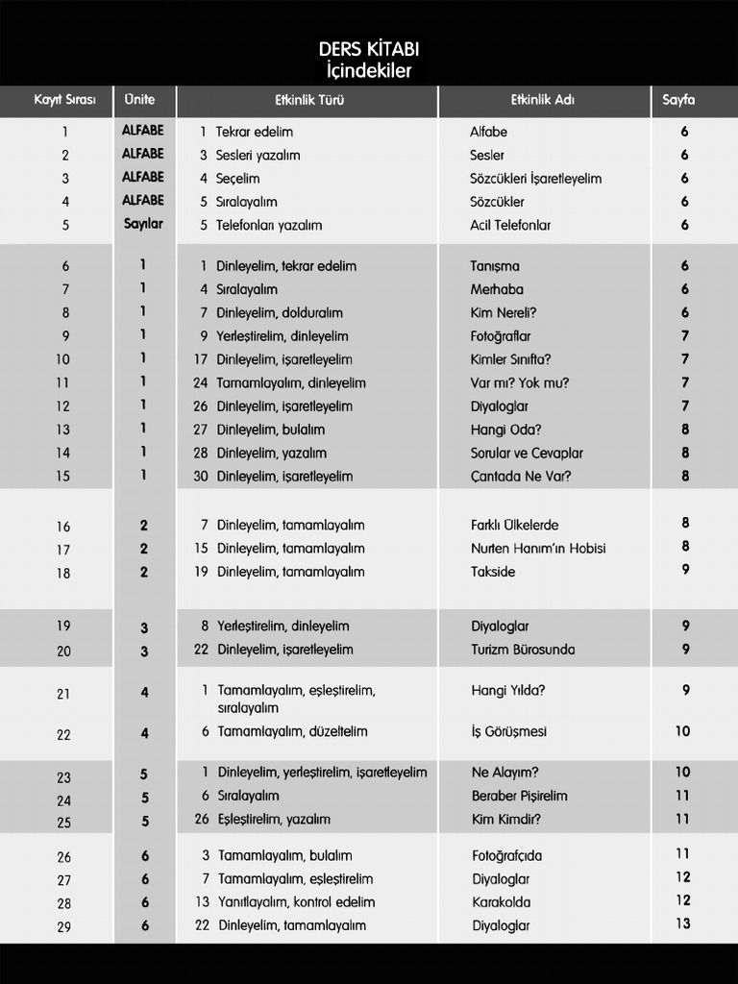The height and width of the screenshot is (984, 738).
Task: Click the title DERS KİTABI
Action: [369, 49]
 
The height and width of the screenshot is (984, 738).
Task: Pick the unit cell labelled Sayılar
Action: [143, 224]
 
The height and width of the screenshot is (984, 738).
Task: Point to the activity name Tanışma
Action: [494, 266]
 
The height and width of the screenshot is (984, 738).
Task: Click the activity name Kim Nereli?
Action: [503, 312]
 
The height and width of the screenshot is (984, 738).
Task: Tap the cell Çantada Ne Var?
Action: [520, 476]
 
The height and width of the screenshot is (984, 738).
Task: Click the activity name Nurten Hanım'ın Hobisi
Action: [537, 548]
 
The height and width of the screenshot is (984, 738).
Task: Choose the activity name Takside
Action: [493, 572]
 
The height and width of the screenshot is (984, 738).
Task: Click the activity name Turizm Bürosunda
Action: [522, 650]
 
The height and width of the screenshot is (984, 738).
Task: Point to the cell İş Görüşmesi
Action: [508, 731]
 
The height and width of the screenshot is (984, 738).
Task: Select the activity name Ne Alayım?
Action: [504, 772]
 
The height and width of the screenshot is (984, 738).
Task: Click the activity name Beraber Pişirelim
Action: [519, 796]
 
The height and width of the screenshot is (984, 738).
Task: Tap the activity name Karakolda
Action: [501, 902]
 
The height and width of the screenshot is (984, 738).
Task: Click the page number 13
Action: [682, 924]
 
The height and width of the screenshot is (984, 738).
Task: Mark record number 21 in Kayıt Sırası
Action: [63, 694]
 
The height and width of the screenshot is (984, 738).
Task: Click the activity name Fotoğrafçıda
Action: [506, 855]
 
